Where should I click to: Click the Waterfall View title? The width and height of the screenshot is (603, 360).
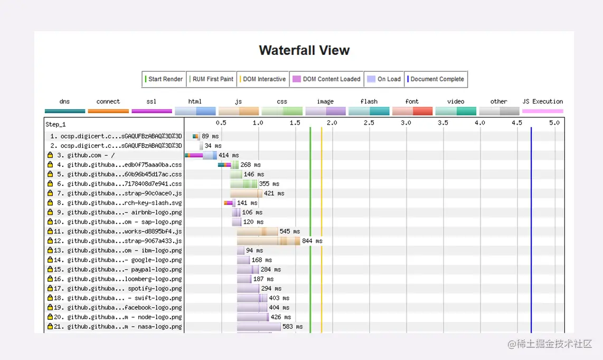click(x=304, y=51)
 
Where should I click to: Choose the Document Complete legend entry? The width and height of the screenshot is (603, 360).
click(x=437, y=79)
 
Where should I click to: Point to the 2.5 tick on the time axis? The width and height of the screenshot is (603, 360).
click(x=369, y=122)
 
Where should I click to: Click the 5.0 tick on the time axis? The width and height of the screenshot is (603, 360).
click(x=554, y=122)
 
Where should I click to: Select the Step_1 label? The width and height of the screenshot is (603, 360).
click(x=55, y=125)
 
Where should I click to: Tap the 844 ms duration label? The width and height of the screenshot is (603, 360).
click(x=312, y=241)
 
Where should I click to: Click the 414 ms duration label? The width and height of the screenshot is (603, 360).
click(x=228, y=156)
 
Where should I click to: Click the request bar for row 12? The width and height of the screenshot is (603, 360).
click(x=268, y=241)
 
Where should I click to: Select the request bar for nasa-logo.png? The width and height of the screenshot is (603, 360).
click(x=259, y=327)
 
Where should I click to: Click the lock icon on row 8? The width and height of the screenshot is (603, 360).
click(x=50, y=203)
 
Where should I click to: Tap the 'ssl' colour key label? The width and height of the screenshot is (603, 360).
click(x=152, y=101)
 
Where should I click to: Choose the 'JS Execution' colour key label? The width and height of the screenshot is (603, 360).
click(x=542, y=101)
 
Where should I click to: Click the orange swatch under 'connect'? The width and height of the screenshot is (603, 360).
click(x=108, y=111)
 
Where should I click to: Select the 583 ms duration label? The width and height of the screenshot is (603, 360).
click(x=292, y=327)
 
